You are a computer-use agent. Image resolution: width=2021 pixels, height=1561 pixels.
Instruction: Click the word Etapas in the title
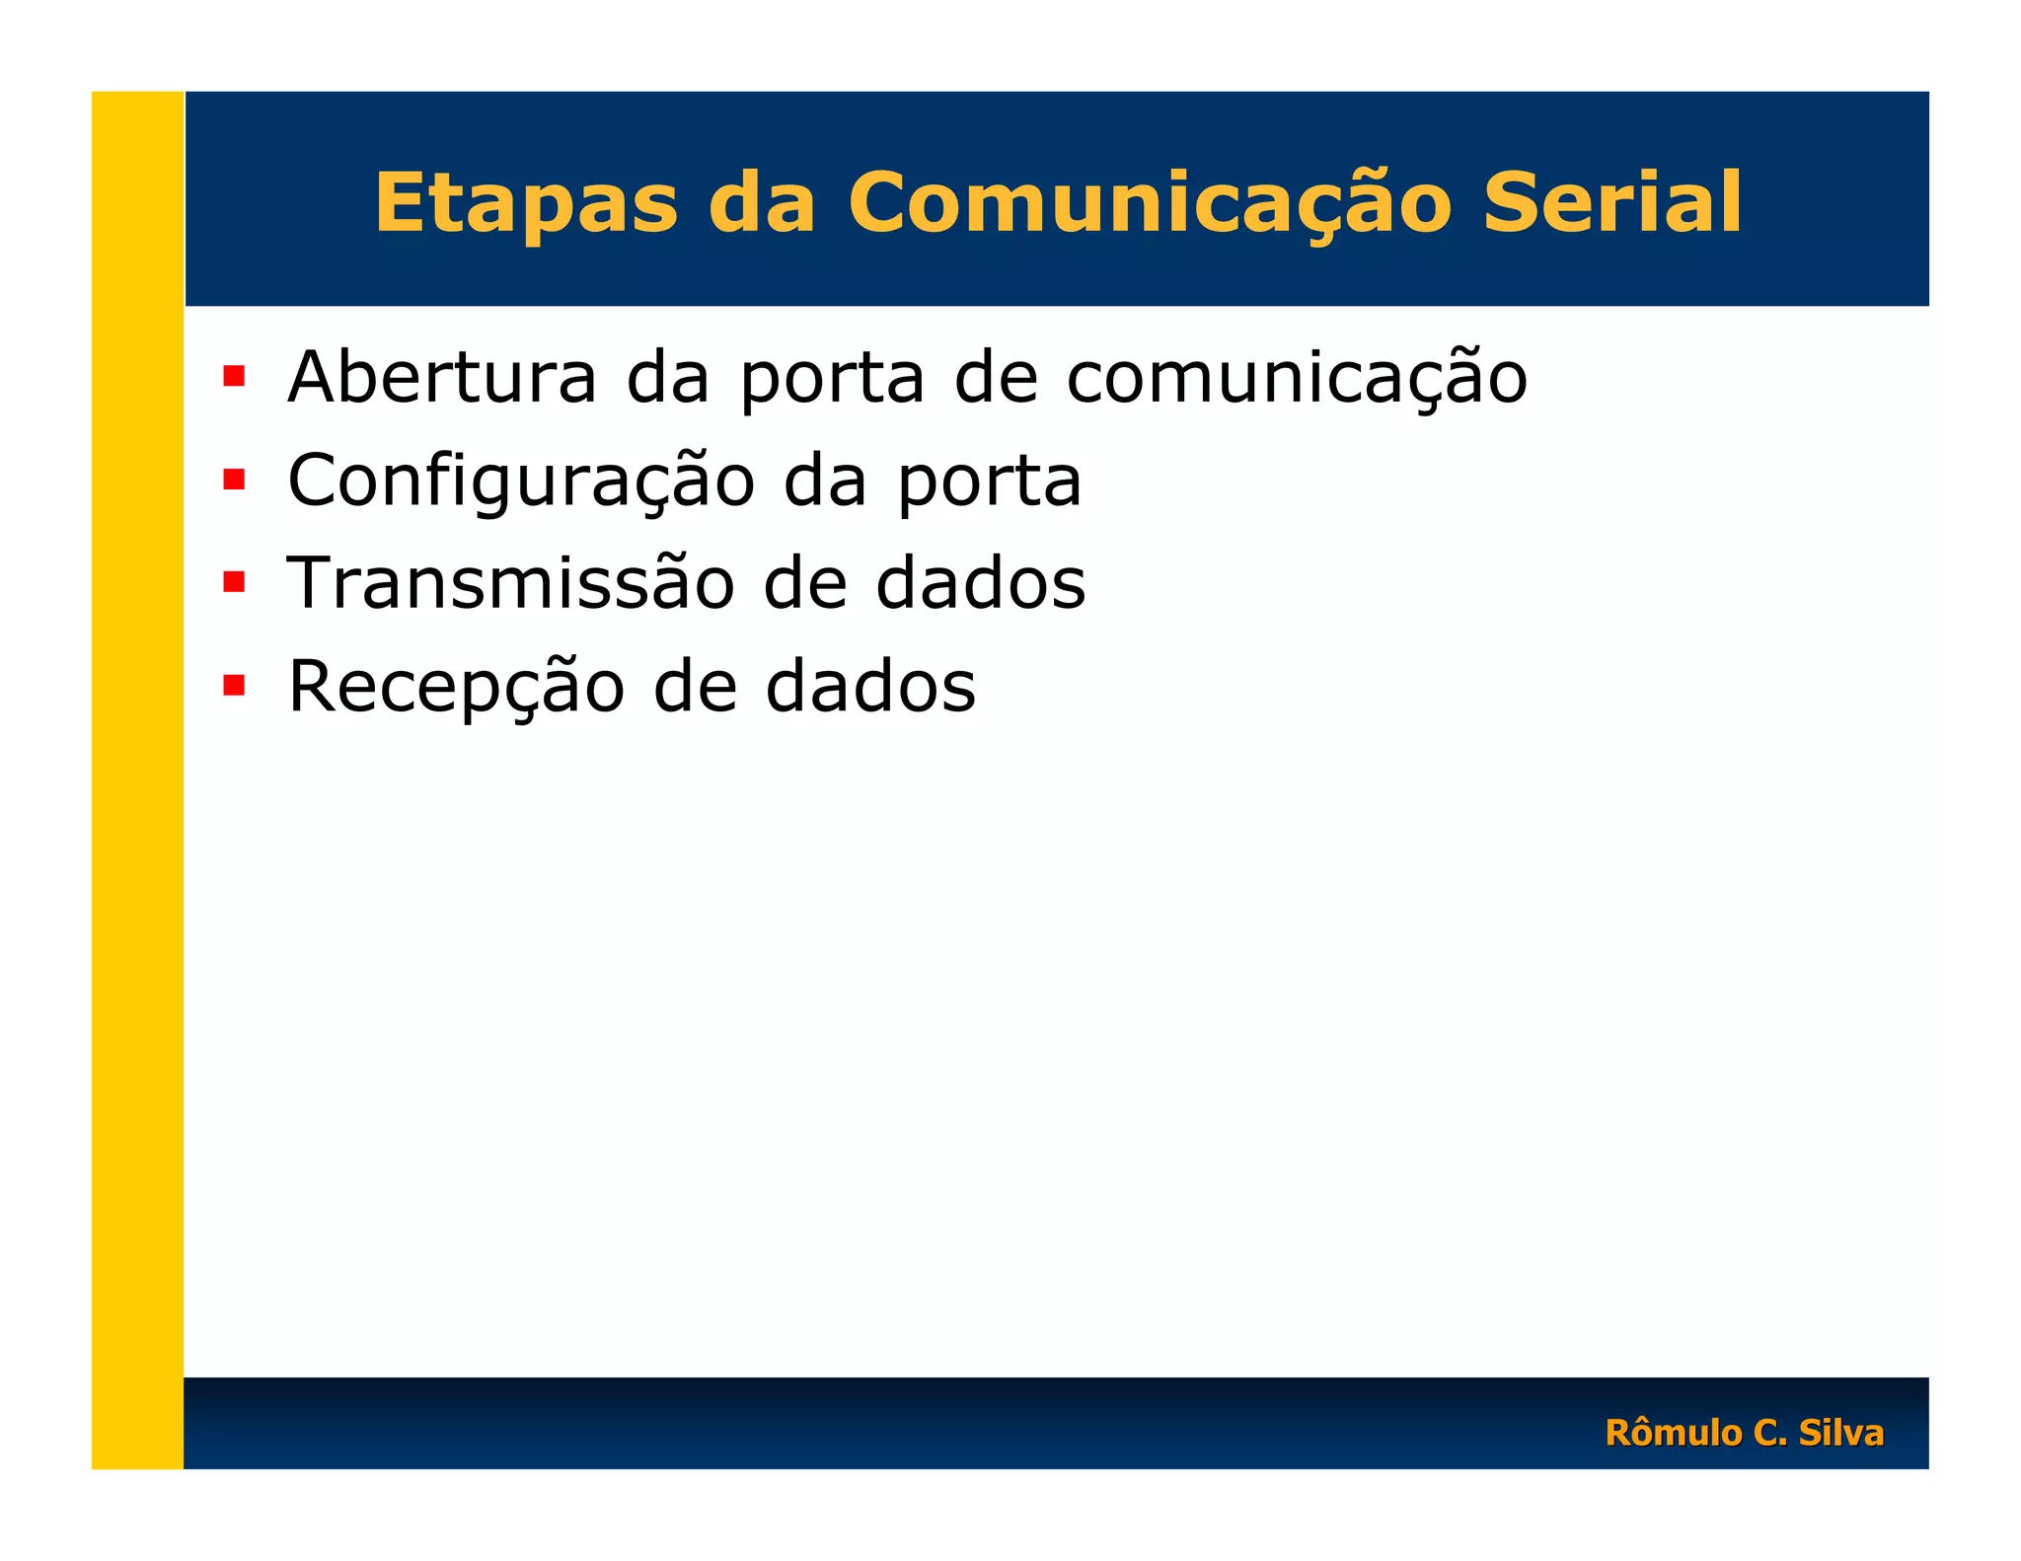[x=526, y=203]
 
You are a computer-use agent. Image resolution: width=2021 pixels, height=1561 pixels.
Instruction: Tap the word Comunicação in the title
[x=1149, y=203]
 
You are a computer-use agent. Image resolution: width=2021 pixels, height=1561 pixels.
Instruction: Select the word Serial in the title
[x=1611, y=203]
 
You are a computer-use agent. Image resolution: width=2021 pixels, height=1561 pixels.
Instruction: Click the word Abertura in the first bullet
[x=442, y=377]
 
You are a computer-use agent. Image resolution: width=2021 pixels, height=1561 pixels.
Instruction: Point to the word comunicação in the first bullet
[x=1297, y=379]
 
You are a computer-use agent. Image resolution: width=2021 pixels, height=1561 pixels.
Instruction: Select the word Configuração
[x=521, y=482]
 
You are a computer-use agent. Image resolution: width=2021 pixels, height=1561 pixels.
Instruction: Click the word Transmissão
[x=511, y=583]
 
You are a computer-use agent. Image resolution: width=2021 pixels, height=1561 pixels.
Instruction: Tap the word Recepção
[x=456, y=687]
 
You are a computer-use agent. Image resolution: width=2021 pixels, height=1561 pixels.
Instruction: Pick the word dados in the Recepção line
[x=870, y=687]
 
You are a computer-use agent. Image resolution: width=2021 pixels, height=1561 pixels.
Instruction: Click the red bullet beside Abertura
[x=234, y=376]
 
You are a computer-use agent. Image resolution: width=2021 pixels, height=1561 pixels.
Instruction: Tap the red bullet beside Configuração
[x=234, y=480]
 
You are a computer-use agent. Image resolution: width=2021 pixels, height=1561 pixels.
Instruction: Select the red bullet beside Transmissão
[x=234, y=582]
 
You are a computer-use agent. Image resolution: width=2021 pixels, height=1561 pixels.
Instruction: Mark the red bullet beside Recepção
[x=234, y=685]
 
